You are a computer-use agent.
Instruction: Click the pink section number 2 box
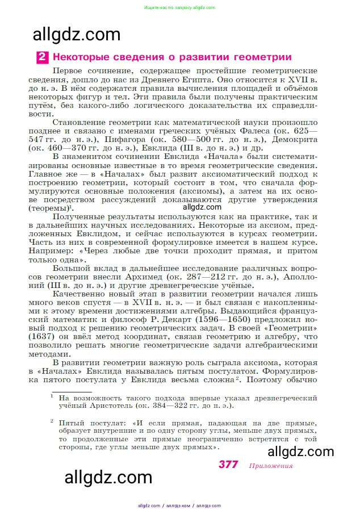(x=43, y=57)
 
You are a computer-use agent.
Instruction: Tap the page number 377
(x=228, y=465)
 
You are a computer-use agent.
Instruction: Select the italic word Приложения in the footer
(x=270, y=466)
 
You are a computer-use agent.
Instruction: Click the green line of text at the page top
(x=179, y=7)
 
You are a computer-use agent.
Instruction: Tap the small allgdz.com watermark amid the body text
(x=202, y=207)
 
